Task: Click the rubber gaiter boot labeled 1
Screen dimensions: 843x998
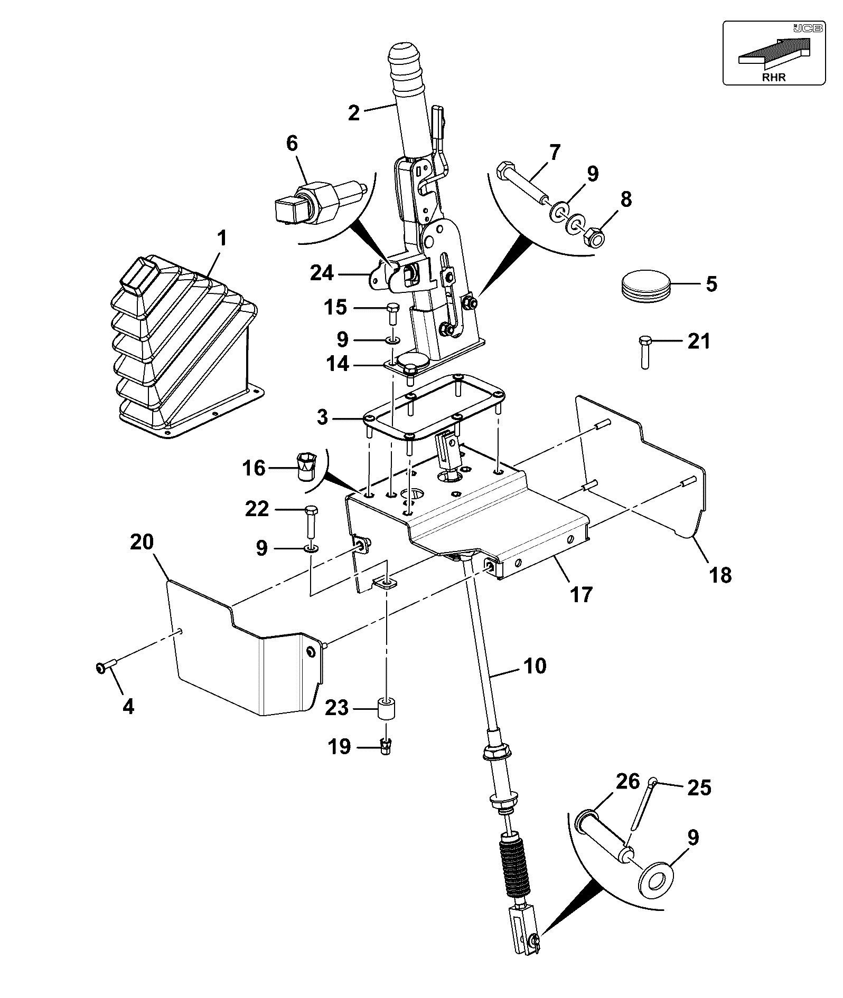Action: pyautogui.click(x=185, y=348)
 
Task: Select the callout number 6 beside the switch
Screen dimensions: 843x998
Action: pyautogui.click(x=292, y=144)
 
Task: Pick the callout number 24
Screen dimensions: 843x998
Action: pyautogui.click(x=322, y=273)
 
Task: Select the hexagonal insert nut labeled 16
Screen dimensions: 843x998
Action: pyautogui.click(x=305, y=464)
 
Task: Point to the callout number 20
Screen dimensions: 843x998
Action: pyautogui.click(x=142, y=542)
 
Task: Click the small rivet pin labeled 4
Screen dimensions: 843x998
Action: pyautogui.click(x=107, y=667)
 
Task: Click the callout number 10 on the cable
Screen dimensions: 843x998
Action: pyautogui.click(x=535, y=666)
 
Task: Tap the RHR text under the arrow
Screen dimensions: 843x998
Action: pyautogui.click(x=774, y=77)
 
